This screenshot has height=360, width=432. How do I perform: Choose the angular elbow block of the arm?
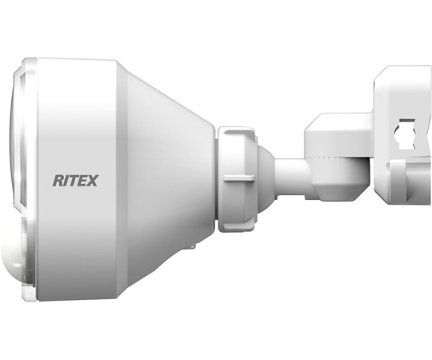point(336,152)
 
